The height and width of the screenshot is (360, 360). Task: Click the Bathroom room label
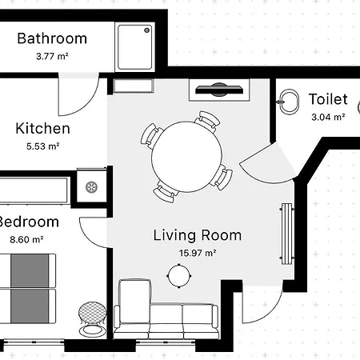(52, 38)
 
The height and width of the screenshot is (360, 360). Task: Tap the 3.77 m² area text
(52, 56)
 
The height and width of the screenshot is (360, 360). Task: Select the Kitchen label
(43, 129)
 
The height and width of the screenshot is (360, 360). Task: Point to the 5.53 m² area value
(42, 146)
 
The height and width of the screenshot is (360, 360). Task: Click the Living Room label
(198, 235)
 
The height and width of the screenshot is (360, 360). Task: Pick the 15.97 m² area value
(198, 253)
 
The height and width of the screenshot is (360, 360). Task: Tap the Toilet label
(328, 99)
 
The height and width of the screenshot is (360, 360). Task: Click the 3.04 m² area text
(328, 117)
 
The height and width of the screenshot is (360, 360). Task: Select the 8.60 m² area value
(26, 239)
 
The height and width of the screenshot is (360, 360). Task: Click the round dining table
(186, 157)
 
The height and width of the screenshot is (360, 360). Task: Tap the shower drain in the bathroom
(146, 30)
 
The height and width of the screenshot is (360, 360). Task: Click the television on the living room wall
(219, 90)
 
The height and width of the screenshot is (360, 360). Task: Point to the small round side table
(178, 276)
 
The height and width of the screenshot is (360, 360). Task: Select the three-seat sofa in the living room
(166, 322)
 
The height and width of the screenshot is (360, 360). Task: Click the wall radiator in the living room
(287, 234)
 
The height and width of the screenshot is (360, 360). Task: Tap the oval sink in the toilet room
(290, 102)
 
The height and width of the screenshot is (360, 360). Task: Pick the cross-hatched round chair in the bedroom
(92, 314)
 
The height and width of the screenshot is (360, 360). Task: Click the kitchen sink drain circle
(91, 187)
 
